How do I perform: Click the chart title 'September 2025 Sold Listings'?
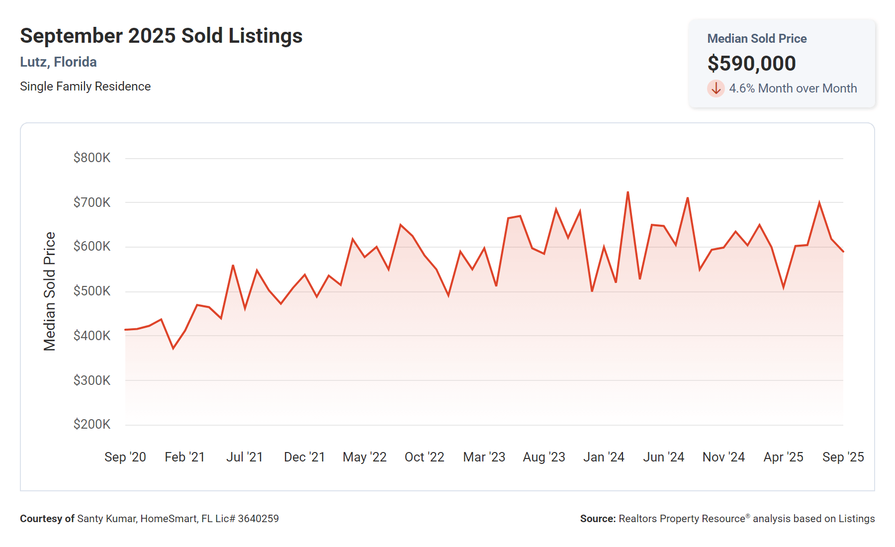pyautogui.click(x=161, y=36)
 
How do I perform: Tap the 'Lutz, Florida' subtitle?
pyautogui.click(x=58, y=62)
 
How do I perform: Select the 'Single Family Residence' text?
pyautogui.click(x=85, y=87)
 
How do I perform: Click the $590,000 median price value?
pyautogui.click(x=751, y=64)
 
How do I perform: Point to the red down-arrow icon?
pyautogui.click(x=716, y=89)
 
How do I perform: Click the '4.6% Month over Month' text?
pyautogui.click(x=793, y=89)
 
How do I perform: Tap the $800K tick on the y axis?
pyautogui.click(x=92, y=158)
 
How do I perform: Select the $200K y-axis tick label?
pyautogui.click(x=92, y=424)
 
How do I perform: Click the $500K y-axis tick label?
pyautogui.click(x=92, y=291)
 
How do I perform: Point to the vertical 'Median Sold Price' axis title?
pyautogui.click(x=50, y=291)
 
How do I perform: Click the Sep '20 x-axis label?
pyautogui.click(x=125, y=457)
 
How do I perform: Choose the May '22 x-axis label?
pyautogui.click(x=364, y=457)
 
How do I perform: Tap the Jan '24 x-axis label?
pyautogui.click(x=604, y=457)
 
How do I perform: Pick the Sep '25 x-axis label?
pyautogui.click(x=843, y=457)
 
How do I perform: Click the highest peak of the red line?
pyautogui.click(x=628, y=192)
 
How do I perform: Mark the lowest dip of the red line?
pyautogui.click(x=173, y=348)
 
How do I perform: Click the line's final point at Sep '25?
pyautogui.click(x=843, y=252)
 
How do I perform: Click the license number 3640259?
pyautogui.click(x=258, y=519)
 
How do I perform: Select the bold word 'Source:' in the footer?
pyautogui.click(x=598, y=519)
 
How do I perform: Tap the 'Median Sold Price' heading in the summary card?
pyautogui.click(x=757, y=39)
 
